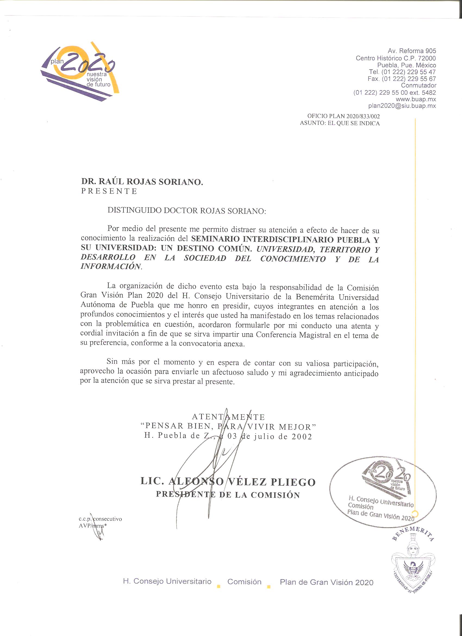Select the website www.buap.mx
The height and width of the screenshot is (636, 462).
coord(416,99)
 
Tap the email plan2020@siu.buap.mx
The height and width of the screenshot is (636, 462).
coord(402,106)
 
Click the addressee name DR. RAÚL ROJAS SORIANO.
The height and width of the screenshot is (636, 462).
coord(142,182)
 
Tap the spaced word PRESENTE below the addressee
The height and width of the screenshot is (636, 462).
coord(109,191)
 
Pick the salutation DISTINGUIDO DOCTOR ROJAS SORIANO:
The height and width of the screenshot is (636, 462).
coord(187,211)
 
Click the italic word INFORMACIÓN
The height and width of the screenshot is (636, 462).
coord(110,266)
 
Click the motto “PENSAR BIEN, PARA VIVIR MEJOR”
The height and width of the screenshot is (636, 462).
coord(228,427)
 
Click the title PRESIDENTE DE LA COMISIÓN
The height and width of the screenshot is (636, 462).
coord(228,495)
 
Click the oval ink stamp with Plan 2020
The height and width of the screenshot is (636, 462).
coord(382,493)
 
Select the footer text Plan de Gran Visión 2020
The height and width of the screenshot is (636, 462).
coord(326,582)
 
